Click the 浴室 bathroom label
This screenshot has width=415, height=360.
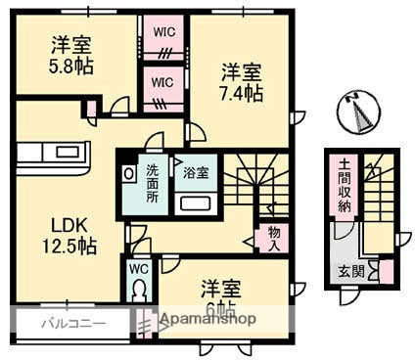pos(195,173)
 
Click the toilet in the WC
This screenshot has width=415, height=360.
pos(139,291)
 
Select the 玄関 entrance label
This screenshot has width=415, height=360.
pos(350,272)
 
